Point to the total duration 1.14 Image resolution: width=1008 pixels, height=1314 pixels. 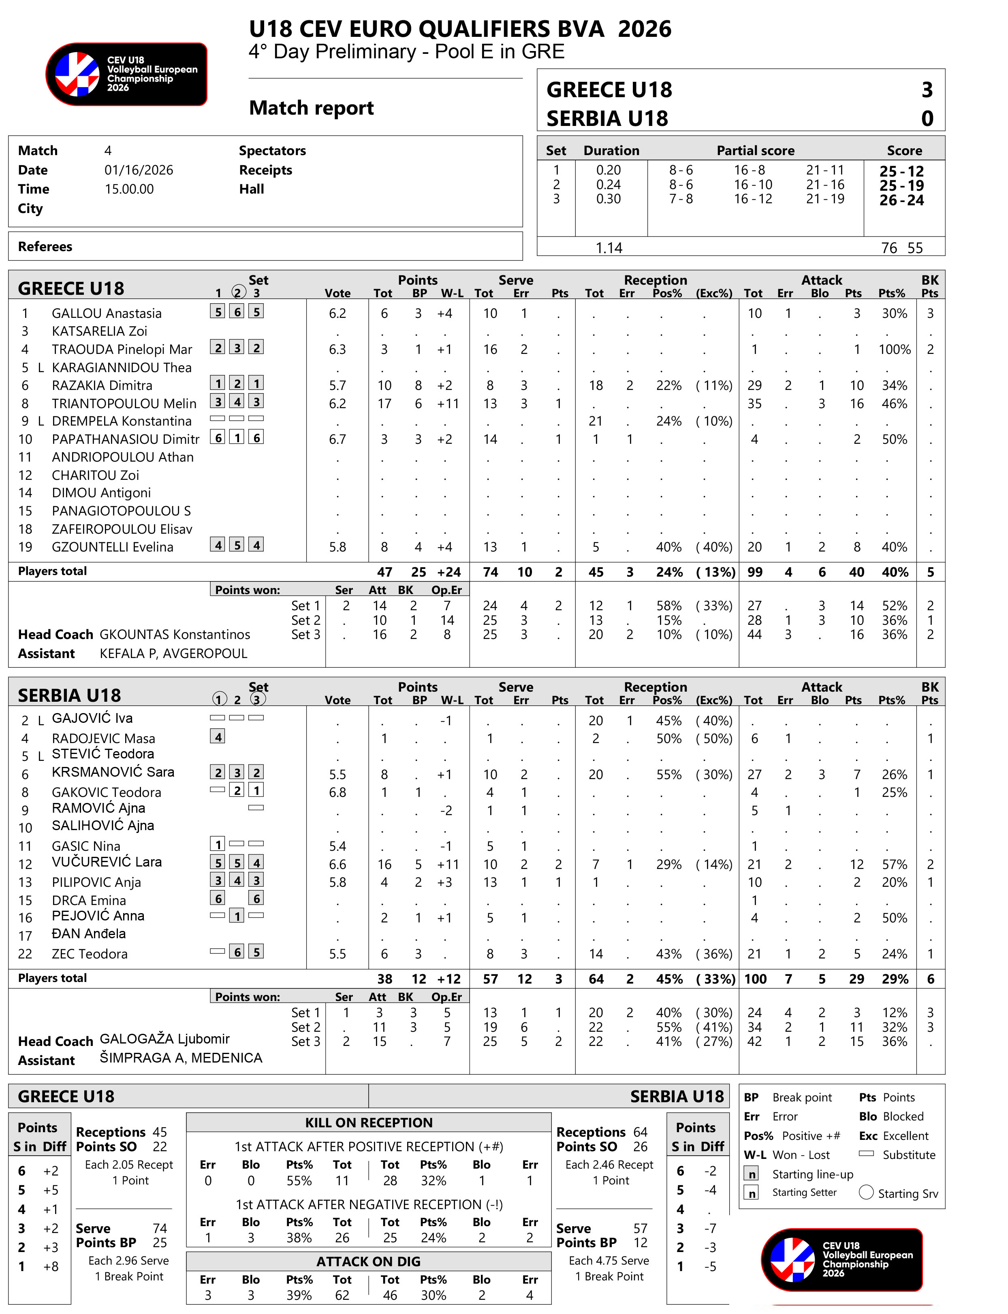pos(609,248)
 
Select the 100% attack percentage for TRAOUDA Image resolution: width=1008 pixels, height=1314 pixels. pos(894,349)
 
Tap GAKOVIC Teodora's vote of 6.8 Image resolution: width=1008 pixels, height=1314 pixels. pos(337,792)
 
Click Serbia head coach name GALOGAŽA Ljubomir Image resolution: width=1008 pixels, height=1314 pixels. pos(164,1039)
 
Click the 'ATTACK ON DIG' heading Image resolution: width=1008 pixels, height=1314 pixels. pos(368,1261)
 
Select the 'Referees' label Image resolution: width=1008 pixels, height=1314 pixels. pos(45,247)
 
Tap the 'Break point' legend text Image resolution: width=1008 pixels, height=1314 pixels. pos(802,1097)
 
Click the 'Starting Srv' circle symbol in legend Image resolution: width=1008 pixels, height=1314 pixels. pos(866,1192)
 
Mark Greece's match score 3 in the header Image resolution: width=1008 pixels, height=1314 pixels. pos(927,90)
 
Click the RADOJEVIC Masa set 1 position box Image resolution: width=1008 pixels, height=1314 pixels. pos(217,737)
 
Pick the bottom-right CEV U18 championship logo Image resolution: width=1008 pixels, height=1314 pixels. pos(841,1259)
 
